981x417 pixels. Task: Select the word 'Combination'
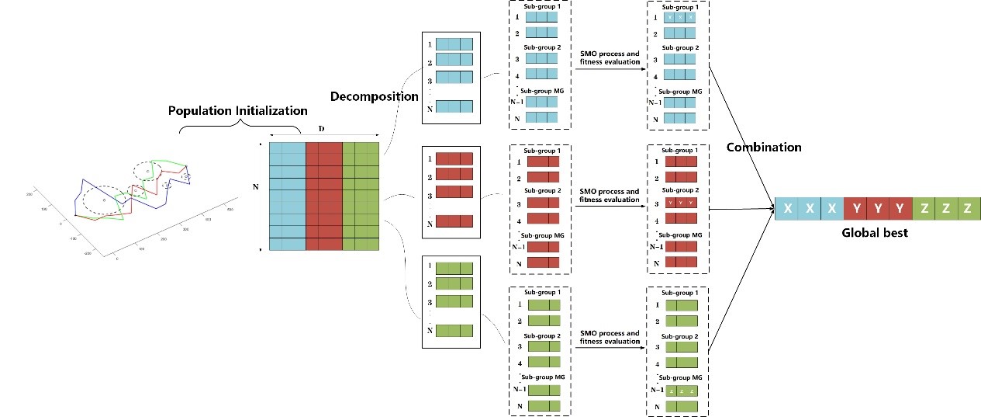pyautogui.click(x=763, y=147)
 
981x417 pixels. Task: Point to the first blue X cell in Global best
pyautogui.click(x=787, y=209)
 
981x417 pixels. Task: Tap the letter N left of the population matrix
pyautogui.click(x=256, y=187)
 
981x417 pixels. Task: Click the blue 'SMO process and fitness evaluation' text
pyautogui.click(x=610, y=57)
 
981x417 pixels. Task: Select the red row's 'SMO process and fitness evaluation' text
pyautogui.click(x=610, y=195)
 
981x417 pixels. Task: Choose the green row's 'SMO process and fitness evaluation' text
pyautogui.click(x=610, y=337)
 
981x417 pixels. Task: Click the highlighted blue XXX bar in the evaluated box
pyautogui.click(x=679, y=16)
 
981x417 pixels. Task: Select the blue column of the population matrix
pyautogui.click(x=287, y=196)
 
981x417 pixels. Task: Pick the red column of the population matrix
pyautogui.click(x=323, y=196)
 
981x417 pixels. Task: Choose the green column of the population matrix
pyautogui.click(x=360, y=196)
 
